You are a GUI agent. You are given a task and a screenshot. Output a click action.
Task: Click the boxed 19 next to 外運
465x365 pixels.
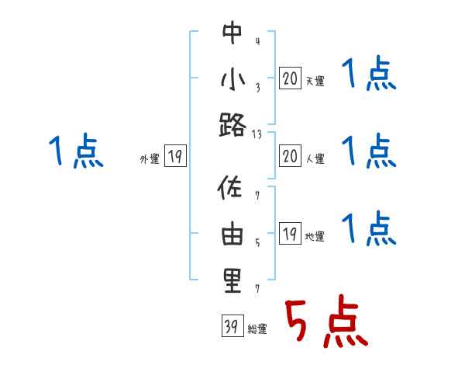174,158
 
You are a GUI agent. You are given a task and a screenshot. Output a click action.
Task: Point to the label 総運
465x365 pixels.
257,329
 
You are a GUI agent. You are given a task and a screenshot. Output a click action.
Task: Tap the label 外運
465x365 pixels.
149,159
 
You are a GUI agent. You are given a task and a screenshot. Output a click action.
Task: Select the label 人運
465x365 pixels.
315,159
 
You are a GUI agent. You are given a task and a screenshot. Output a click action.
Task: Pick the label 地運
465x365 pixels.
315,237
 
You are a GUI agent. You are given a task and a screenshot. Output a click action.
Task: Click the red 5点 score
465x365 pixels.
325,321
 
